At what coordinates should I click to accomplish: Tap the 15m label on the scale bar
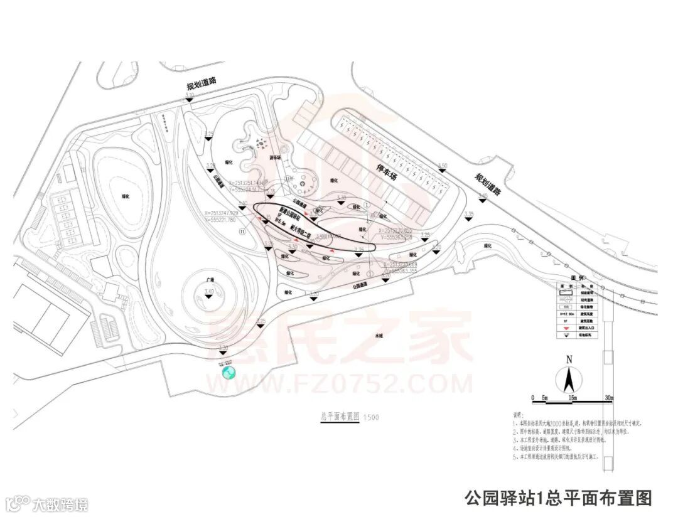click(x=572, y=398)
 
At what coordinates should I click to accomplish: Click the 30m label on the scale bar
click(x=607, y=398)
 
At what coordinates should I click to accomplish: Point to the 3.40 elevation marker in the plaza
click(x=209, y=293)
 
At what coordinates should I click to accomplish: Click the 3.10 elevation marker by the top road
click(x=189, y=96)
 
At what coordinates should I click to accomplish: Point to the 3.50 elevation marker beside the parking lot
click(x=443, y=166)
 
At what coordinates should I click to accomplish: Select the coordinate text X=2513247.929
click(x=220, y=213)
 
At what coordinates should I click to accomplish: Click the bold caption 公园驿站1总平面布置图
click(x=558, y=498)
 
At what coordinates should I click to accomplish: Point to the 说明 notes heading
click(x=518, y=415)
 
